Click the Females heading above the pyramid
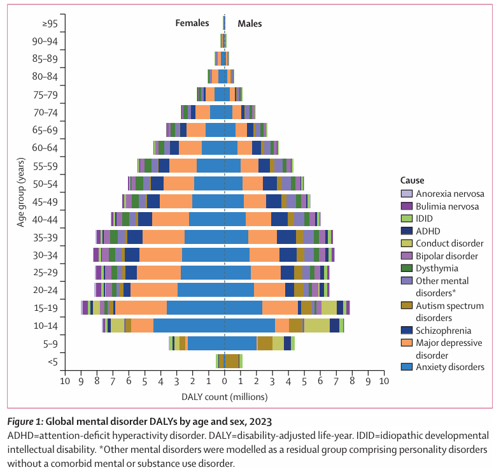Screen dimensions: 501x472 [192, 23]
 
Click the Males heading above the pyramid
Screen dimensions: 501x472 [250, 24]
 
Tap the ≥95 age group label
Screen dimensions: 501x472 [50, 24]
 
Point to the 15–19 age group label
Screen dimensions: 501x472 [46, 308]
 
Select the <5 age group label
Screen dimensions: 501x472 [53, 362]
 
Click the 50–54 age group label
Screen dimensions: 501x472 [45, 184]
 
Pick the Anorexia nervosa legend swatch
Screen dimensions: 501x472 [406, 194]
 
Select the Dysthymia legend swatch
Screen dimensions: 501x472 [406, 268]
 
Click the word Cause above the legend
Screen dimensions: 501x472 [412, 180]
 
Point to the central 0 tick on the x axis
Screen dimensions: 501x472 [225, 381]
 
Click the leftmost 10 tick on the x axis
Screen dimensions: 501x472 [65, 381]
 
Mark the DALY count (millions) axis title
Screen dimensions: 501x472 [225, 397]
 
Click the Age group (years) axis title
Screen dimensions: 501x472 [21, 192]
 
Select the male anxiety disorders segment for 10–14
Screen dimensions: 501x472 [250, 325]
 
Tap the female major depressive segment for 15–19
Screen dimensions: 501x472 [141, 308]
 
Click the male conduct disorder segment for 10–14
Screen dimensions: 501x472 [316, 325]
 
